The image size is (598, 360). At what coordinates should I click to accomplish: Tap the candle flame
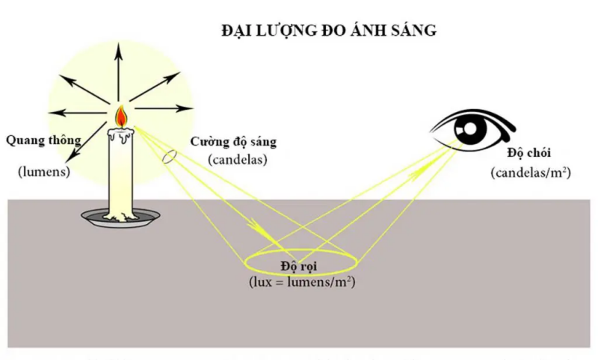click(x=121, y=117)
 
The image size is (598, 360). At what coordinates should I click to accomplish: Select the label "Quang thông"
click(x=43, y=140)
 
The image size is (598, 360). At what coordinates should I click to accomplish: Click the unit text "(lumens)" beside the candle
click(x=44, y=172)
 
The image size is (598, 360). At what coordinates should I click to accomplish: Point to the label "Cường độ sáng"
click(x=233, y=142)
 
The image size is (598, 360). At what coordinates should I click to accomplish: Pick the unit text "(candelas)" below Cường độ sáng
click(x=238, y=160)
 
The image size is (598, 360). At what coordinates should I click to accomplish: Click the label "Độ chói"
click(x=529, y=153)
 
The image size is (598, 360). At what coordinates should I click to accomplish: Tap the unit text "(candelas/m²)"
click(x=531, y=173)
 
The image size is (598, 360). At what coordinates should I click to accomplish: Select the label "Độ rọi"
click(x=299, y=267)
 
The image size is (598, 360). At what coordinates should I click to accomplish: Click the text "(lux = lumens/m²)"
click(x=302, y=282)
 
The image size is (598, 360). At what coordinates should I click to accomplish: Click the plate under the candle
click(x=120, y=218)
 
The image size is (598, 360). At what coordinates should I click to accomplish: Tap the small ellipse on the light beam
click(x=170, y=156)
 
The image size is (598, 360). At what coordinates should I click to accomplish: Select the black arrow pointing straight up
click(x=119, y=72)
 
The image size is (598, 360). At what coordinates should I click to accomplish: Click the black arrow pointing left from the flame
click(x=77, y=113)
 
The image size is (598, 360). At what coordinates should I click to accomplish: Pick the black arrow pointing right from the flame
click(x=164, y=108)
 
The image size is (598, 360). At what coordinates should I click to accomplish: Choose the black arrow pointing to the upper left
click(x=84, y=89)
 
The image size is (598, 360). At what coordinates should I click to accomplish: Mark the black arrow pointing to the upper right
click(x=155, y=87)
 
